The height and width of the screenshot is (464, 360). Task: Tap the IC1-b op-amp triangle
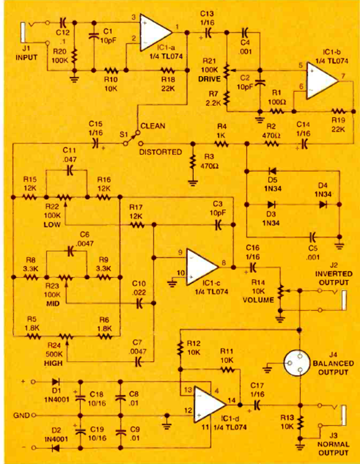[321, 80]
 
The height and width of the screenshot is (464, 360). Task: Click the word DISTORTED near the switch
[161, 152]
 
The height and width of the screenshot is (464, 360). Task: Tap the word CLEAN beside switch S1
[152, 126]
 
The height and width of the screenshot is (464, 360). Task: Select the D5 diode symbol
[271, 171]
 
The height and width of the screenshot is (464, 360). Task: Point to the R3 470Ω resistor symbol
[192, 161]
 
